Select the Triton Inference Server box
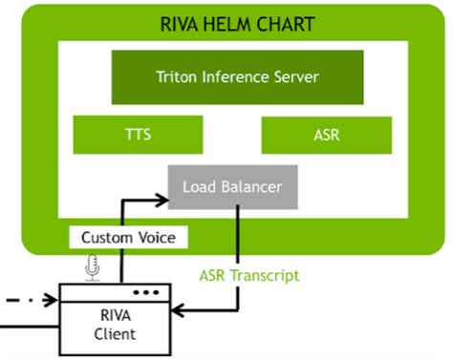[x=237, y=77]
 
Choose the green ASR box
[x=326, y=136]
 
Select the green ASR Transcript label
[x=248, y=275]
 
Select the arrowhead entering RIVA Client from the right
[x=189, y=311]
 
